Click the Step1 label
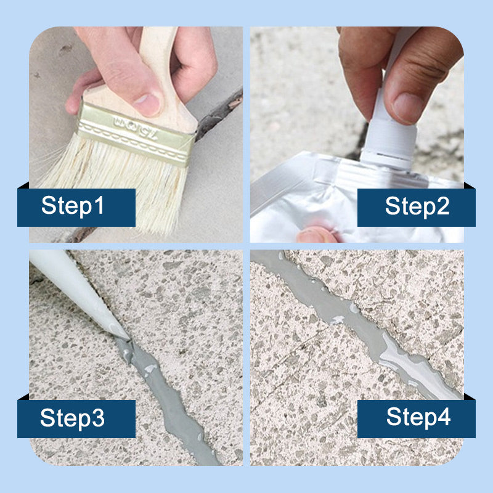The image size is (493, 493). click(73, 206)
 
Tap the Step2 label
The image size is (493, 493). click(417, 206)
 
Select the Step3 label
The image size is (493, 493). click(72, 418)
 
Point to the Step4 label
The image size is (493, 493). click(418, 417)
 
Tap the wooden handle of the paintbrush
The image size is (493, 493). click(157, 79)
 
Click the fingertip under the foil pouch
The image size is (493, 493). click(316, 235)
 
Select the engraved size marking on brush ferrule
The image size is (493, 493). click(136, 128)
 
